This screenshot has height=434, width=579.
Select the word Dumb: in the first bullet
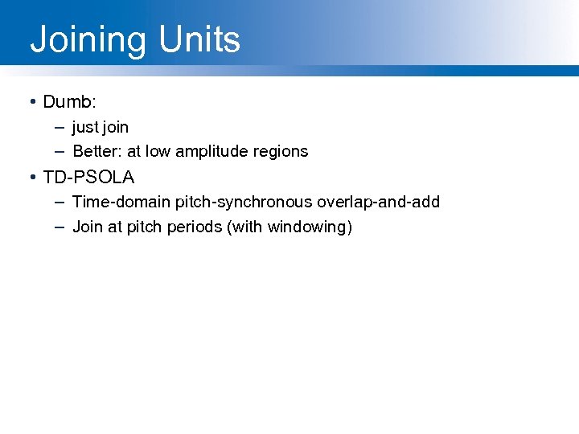70,102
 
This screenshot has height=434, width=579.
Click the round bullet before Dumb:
31,102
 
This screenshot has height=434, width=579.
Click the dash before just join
60,127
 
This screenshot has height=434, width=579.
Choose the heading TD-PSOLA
88,177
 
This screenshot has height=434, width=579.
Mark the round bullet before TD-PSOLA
31,177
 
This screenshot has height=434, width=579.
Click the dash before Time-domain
60,202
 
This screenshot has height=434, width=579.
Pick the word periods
195,227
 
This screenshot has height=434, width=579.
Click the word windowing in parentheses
306,227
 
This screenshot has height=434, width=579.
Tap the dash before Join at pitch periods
60,227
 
